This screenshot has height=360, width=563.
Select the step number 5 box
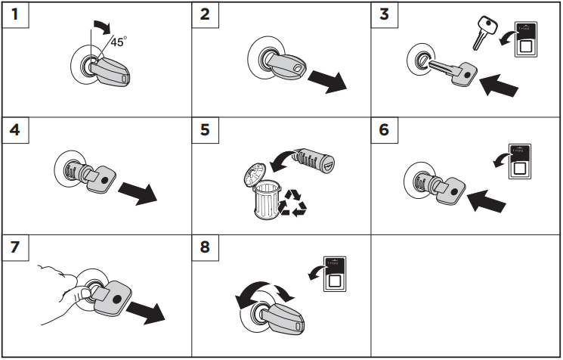point(203,130)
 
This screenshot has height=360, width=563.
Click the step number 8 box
point(203,246)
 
